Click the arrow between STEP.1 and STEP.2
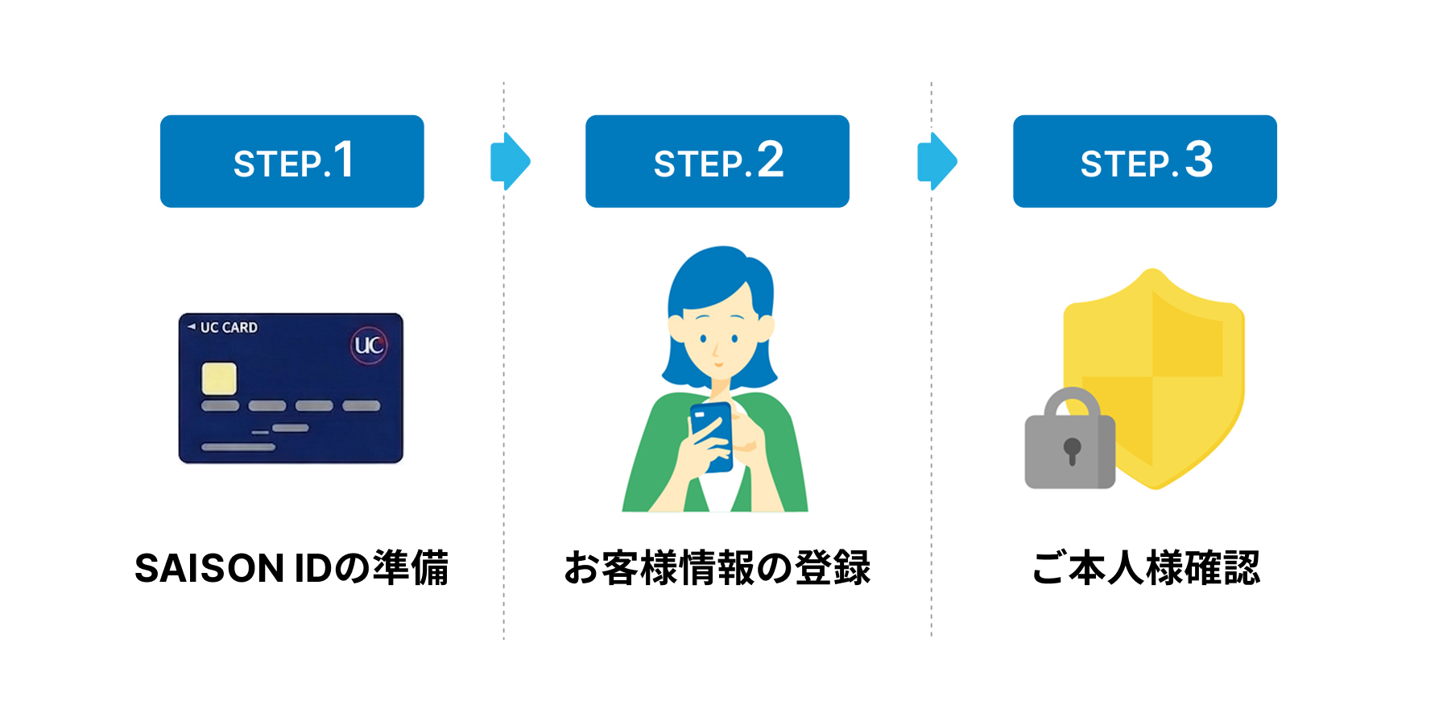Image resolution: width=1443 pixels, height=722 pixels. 511,161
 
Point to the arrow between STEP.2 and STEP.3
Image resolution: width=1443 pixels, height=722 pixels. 937,161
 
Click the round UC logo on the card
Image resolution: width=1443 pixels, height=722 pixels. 369,346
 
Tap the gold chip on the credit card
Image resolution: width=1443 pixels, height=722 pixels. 219,379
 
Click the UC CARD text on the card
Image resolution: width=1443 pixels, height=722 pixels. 228,328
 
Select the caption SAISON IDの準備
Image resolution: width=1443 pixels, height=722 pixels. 291,568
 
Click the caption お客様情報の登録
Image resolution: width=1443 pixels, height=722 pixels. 717,568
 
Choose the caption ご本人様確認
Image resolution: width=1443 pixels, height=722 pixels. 1145,568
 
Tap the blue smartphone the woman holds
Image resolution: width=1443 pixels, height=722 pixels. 712,435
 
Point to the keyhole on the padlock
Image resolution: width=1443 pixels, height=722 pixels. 1072,450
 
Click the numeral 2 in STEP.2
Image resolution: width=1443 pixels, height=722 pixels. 770,160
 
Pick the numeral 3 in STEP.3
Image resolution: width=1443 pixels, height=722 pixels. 1198,160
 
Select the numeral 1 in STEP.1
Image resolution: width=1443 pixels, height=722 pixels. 344,160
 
